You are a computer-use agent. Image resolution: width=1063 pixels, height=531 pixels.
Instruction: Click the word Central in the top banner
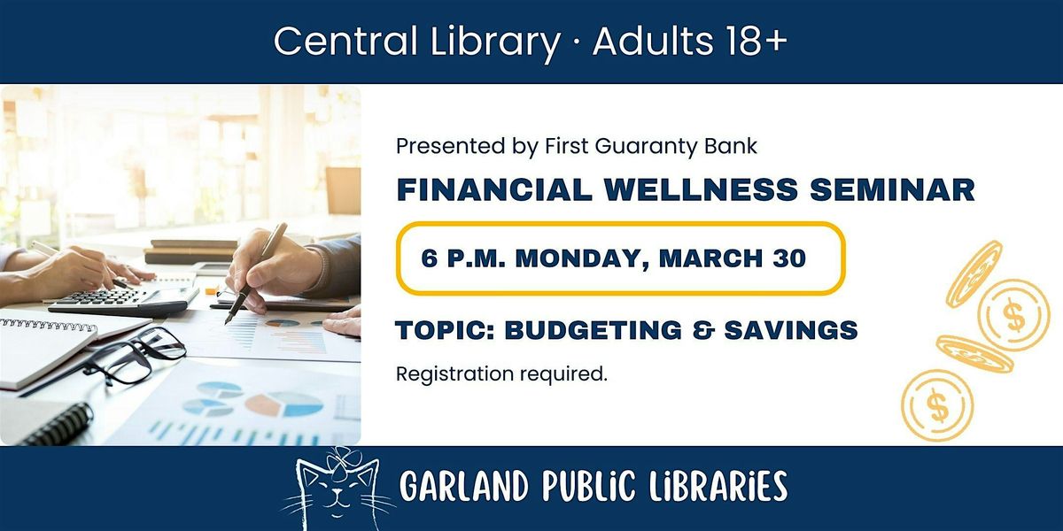pos(345,42)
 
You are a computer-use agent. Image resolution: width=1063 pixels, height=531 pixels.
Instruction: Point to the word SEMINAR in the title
pos(892,189)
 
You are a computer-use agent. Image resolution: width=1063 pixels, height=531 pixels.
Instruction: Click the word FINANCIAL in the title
pos(494,189)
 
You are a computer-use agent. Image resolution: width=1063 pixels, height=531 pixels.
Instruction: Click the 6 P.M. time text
pos(462,258)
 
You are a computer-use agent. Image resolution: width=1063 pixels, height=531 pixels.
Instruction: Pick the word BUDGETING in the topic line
pos(594,330)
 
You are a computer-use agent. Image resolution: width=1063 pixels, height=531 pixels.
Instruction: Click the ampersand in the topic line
pos(702,330)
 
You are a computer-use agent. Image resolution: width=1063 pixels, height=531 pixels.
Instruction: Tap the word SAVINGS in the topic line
pos(791,330)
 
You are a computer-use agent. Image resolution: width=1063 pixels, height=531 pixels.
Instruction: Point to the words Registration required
pos(501,374)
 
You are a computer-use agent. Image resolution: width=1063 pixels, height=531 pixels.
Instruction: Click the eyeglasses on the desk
pos(135,353)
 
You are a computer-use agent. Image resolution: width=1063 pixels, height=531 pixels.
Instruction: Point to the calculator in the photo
pos(123,300)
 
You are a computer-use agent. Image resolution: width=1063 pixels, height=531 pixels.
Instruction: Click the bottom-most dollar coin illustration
pos(937,406)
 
